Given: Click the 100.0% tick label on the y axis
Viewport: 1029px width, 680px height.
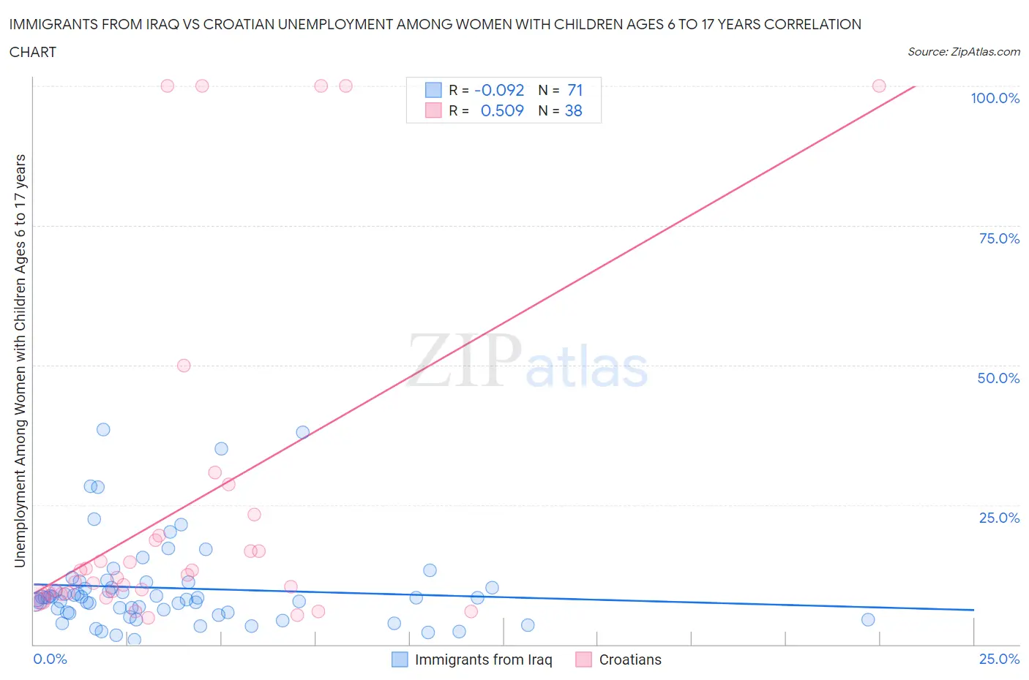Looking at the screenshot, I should [x=995, y=98].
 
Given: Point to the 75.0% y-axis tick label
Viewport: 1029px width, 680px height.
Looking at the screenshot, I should [x=999, y=238].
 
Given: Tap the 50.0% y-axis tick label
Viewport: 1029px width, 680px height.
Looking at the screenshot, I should [x=998, y=378].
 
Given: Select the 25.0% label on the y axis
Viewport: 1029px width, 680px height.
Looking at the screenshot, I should [x=999, y=518].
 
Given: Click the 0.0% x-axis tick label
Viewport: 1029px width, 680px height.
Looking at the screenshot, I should [x=50, y=659].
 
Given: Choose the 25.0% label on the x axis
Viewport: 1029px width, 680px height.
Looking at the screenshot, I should [x=999, y=659].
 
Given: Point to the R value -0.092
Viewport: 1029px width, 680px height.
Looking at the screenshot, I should [x=499, y=90].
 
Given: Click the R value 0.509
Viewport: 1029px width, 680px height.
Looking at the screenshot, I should [x=502, y=110].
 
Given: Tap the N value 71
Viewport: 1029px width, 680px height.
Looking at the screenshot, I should [x=575, y=90].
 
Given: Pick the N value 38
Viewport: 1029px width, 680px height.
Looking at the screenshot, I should [x=573, y=110].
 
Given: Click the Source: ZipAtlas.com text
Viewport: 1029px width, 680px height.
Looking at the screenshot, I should [x=963, y=51].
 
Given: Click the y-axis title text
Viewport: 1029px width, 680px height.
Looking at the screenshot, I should [x=20, y=361].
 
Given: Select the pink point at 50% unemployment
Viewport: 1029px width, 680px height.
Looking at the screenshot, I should [x=184, y=366].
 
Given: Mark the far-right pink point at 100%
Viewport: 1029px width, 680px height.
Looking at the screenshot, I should [x=879, y=86].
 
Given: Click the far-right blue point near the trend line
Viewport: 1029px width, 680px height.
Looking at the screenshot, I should [x=868, y=619].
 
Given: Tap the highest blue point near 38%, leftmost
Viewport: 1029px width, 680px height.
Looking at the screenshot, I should [x=103, y=429].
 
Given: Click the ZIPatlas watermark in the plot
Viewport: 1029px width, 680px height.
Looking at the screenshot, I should [x=527, y=361].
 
